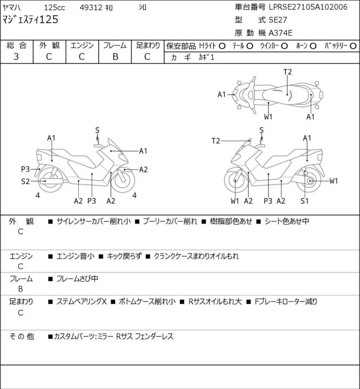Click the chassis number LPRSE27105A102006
coord(308,7)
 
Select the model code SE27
coord(276,20)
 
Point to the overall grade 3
coord(16,57)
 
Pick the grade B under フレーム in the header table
coord(115,57)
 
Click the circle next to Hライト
coord(222,46)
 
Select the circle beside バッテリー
coord(353,46)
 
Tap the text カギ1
coord(206,57)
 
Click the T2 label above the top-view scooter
coord(288,72)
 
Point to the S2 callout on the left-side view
coord(25,181)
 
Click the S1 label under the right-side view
coord(304,201)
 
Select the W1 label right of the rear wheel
coord(333,181)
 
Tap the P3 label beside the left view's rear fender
coord(25,169)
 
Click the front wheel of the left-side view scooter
coord(123,179)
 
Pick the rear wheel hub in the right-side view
coord(310,181)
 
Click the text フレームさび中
coord(77,279)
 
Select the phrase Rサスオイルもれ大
coord(215,301)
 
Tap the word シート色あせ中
coord(287,221)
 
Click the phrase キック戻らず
coord(124,256)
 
